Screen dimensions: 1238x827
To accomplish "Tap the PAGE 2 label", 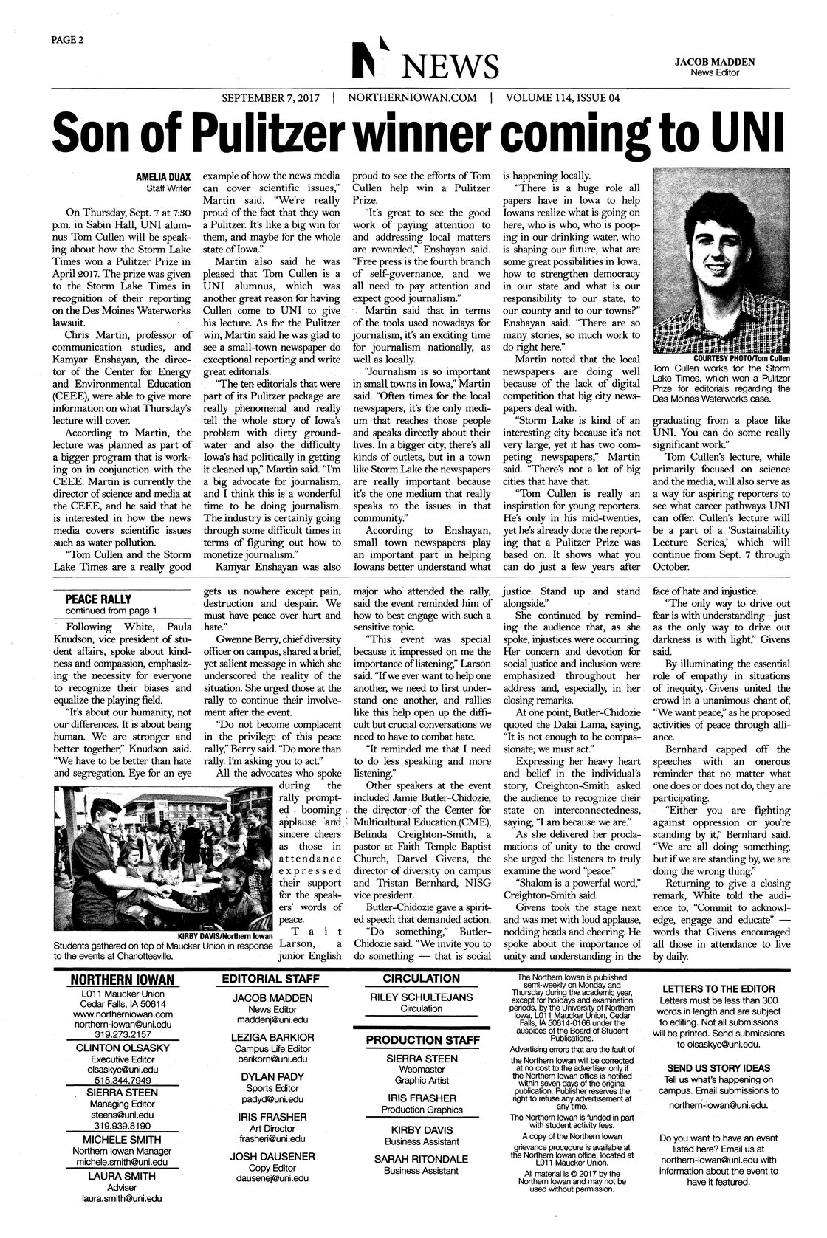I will [x=65, y=40].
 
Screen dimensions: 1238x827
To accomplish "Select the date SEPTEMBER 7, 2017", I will [x=272, y=97].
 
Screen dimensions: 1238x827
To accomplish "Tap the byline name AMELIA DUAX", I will [x=162, y=177].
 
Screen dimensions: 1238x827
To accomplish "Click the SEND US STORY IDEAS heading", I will [x=718, y=1067].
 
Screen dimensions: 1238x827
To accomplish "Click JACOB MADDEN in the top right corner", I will [x=715, y=63].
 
